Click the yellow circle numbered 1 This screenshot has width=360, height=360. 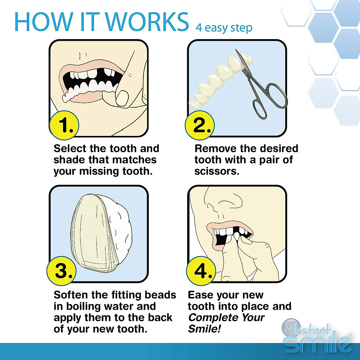pyautogui.click(x=64, y=125)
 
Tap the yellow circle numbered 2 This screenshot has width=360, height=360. pyautogui.click(x=199, y=125)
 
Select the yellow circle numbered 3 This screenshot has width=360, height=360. pyautogui.click(x=61, y=271)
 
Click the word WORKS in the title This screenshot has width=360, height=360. pyautogui.click(x=147, y=22)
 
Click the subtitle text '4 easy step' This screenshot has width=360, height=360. pyautogui.click(x=224, y=28)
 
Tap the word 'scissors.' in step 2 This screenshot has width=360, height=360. pyautogui.click(x=217, y=171)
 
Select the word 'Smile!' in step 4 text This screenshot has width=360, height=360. pyautogui.click(x=204, y=329)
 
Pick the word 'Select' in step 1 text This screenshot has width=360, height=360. pyautogui.click(x=70, y=148)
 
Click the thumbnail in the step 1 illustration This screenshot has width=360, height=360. pyautogui.click(x=122, y=97)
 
